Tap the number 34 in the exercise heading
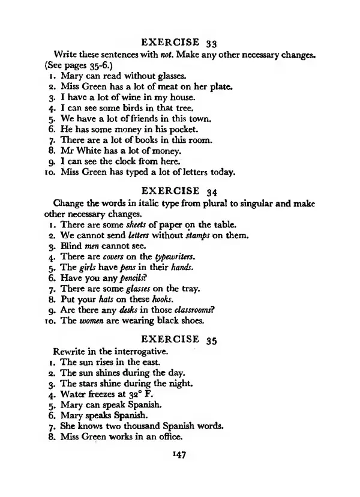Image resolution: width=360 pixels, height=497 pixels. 210,191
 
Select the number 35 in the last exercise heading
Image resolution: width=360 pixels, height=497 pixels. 210,339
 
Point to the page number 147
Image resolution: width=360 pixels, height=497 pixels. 179,455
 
